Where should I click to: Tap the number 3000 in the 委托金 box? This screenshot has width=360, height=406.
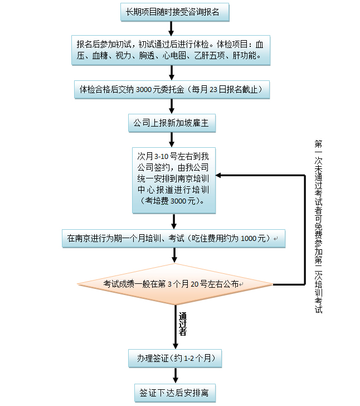coord(147,89)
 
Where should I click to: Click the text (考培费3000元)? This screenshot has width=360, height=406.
coord(173,201)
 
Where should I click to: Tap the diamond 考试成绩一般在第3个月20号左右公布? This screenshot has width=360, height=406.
coord(174,284)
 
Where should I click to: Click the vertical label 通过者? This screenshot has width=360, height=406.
coord(182,324)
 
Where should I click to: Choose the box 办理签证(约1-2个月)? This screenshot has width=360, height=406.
coord(175,357)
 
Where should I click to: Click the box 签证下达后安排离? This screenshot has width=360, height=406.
coord(175,392)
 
